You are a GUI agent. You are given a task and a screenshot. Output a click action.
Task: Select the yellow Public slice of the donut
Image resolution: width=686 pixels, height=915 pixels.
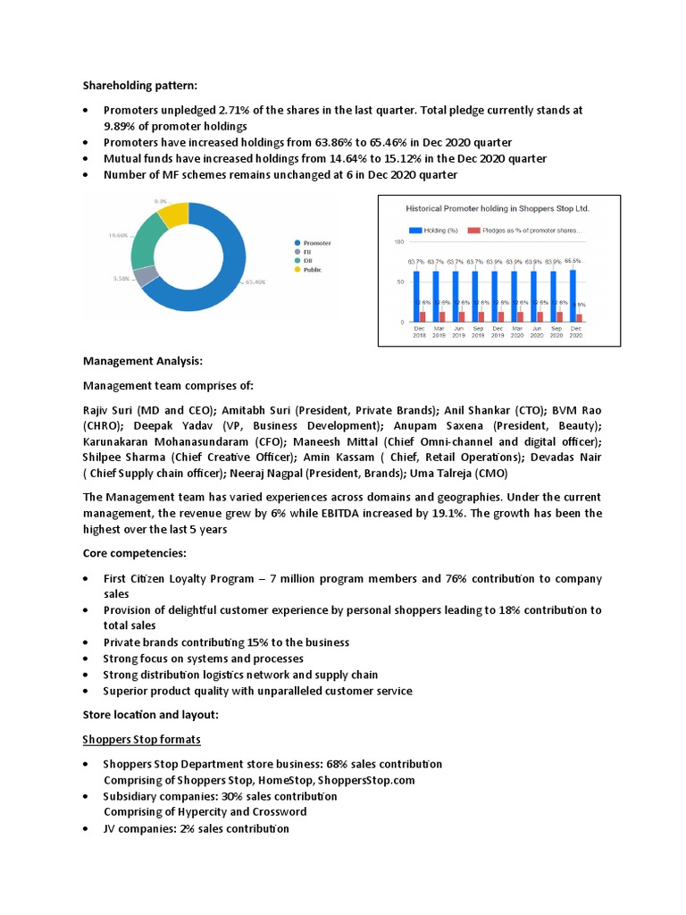pyautogui.click(x=174, y=215)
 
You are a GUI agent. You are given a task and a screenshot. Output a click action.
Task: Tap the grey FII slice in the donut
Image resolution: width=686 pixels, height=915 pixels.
pyautogui.click(x=146, y=276)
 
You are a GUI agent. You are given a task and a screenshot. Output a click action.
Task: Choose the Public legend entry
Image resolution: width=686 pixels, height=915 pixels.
pyautogui.click(x=312, y=269)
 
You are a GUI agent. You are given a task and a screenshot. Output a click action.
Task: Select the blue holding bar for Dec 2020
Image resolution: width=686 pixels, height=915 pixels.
pyautogui.click(x=573, y=296)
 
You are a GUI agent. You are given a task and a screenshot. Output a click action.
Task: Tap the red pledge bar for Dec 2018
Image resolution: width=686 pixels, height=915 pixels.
pyautogui.click(x=422, y=316)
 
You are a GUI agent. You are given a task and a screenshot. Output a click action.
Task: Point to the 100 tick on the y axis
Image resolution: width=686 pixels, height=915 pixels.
pyautogui.click(x=398, y=241)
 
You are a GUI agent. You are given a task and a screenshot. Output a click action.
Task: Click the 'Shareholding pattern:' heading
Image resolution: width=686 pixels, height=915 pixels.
pyautogui.click(x=139, y=86)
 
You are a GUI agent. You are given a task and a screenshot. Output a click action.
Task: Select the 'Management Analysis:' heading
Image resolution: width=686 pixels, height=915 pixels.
pyautogui.click(x=143, y=361)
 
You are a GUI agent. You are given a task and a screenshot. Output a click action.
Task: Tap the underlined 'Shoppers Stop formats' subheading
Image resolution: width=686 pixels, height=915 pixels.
pyautogui.click(x=141, y=740)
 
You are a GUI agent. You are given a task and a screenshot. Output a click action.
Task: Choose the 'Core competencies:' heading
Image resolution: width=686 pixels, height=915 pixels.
pyautogui.click(x=134, y=554)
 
